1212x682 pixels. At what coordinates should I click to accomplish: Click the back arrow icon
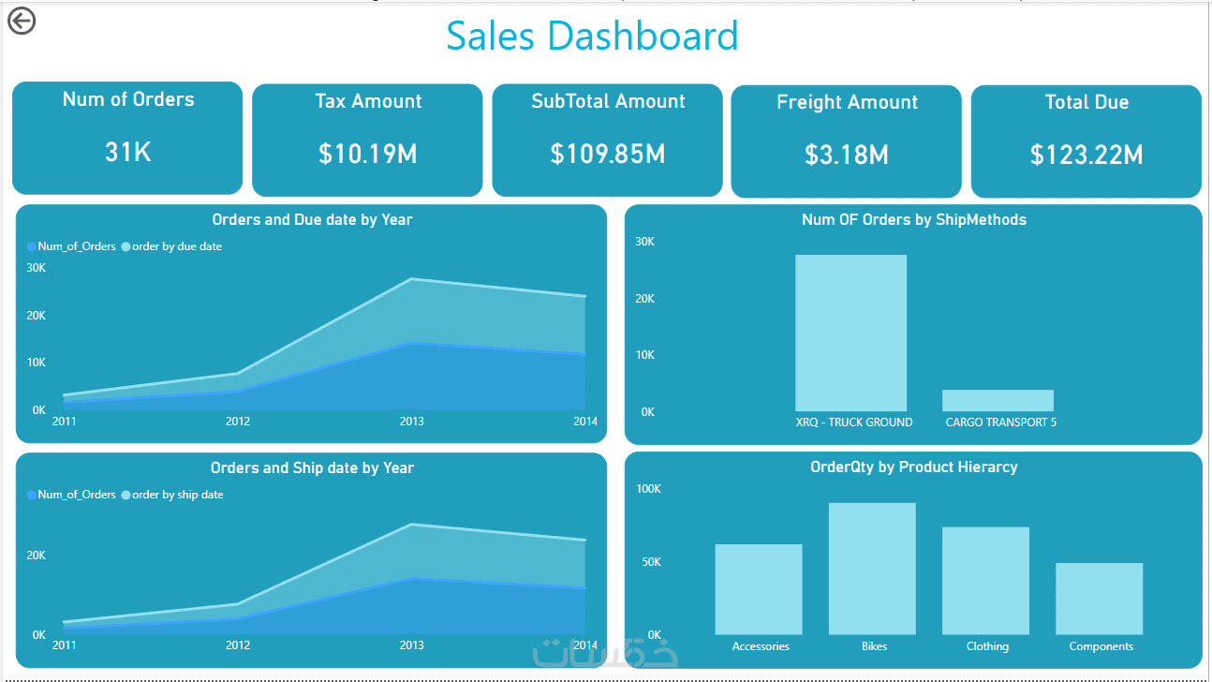point(21,20)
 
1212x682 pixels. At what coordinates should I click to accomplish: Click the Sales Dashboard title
point(592,36)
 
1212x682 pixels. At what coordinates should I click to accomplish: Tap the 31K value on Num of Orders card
point(128,152)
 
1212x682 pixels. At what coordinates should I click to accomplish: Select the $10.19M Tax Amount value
point(367,154)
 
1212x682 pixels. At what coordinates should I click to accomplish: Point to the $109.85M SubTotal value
point(608,154)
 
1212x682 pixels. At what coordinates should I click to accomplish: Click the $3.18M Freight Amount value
point(847,155)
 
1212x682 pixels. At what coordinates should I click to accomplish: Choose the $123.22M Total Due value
point(1086,155)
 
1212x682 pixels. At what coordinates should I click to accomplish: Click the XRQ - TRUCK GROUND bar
point(850,333)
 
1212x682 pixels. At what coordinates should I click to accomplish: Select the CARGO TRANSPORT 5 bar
point(998,400)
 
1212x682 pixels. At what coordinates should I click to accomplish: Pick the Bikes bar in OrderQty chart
point(872,569)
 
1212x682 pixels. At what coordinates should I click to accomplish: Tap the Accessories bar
point(759,589)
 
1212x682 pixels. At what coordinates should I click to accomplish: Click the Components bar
point(1099,599)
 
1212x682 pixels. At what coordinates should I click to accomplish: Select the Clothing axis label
point(987,646)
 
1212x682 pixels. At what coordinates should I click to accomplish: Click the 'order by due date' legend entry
point(176,246)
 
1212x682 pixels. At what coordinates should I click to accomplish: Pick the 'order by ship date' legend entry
point(177,495)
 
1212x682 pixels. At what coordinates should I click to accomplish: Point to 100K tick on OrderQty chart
point(648,489)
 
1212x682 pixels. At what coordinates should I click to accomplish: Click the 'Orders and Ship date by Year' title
point(312,467)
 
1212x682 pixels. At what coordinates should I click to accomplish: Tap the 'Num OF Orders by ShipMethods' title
point(913,220)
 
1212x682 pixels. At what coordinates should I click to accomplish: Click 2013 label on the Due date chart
point(411,422)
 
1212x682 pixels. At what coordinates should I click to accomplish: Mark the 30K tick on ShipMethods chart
point(644,242)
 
